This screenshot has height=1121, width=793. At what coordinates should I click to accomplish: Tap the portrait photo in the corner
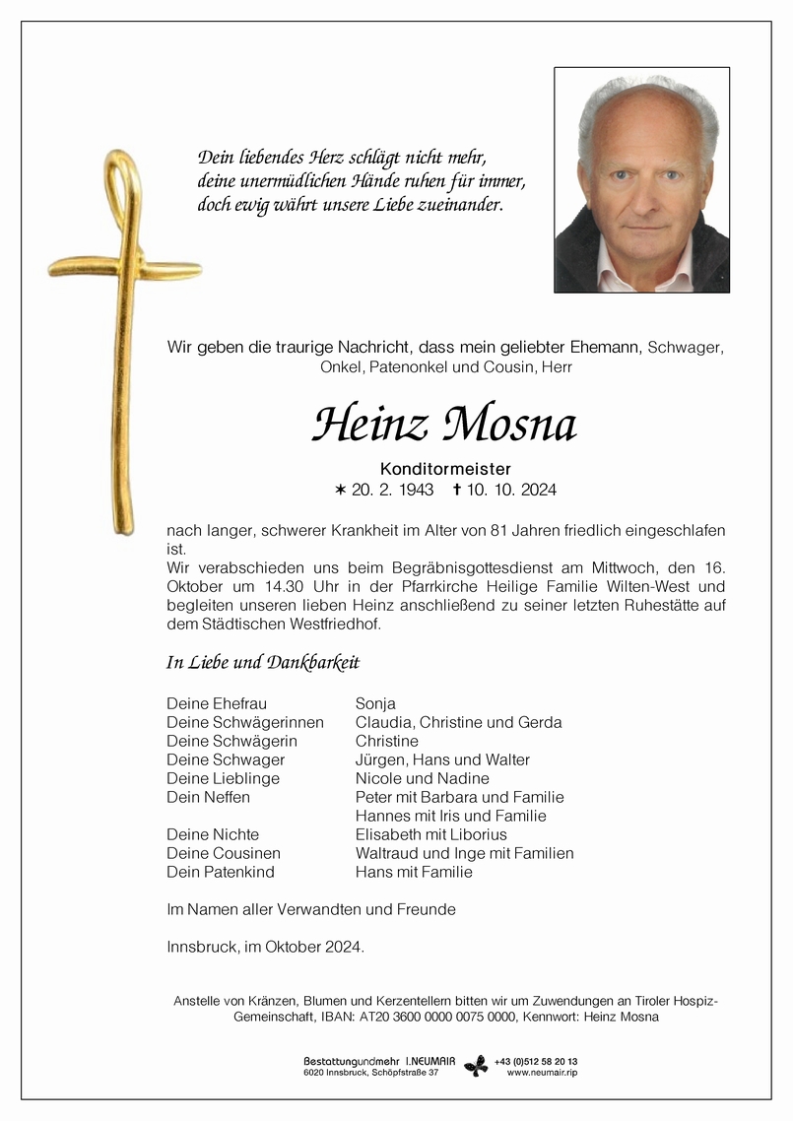point(641,180)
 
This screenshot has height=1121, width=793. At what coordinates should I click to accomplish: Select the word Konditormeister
point(446,469)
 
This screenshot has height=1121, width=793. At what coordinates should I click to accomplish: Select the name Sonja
point(375,703)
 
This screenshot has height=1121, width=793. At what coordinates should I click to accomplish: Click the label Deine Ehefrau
point(217,703)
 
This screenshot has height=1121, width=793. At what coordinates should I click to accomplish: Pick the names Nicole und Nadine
point(422,778)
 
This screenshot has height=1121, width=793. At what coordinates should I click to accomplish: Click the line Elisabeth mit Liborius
point(430,834)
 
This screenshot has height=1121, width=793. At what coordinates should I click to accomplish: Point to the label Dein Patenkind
point(221,872)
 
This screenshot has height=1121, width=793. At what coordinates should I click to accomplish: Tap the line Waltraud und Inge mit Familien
point(464,853)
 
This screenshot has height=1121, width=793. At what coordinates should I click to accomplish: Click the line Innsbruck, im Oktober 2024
point(266,947)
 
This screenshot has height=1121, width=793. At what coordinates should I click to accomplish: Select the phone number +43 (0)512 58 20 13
point(538,1061)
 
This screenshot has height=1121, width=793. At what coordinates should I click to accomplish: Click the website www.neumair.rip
point(542,1073)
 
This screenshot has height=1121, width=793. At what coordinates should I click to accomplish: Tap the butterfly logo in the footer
point(476,1066)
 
